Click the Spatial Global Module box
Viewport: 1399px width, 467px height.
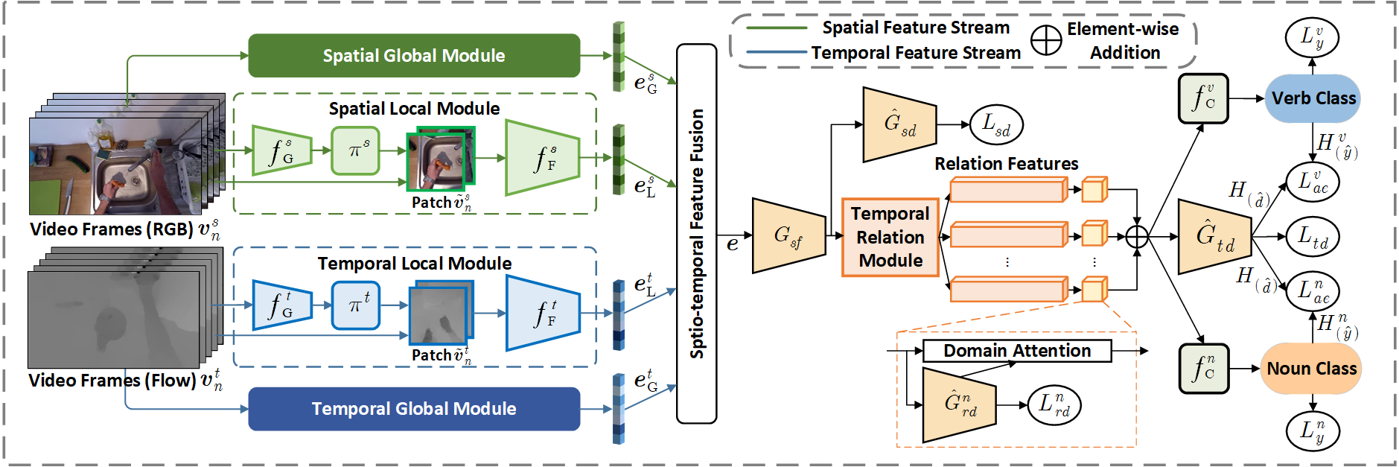414,56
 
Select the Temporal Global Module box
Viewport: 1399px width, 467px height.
414,409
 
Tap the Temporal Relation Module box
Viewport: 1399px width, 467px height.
890,237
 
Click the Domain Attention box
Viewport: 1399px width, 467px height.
1017,351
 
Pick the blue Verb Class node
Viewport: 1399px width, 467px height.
1313,98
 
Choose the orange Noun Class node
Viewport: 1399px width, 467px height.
1311,369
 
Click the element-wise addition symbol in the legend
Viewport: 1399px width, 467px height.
1046,40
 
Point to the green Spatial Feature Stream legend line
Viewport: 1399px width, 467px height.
777,28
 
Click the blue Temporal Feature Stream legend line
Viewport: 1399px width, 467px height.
777,52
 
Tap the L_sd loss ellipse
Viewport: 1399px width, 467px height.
997,124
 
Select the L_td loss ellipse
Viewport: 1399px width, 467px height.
1313,237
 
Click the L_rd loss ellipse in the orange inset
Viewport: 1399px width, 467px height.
1054,405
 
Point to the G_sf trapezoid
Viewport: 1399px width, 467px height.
789,236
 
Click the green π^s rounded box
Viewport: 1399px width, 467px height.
356,150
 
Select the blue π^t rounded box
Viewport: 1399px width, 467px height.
356,305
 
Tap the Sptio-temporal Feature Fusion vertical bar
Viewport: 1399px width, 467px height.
697,234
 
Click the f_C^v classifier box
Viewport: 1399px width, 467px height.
1203,98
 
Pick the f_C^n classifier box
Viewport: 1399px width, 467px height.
1203,369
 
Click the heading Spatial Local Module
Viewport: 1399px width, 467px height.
415,109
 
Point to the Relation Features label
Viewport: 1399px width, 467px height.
1007,164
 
